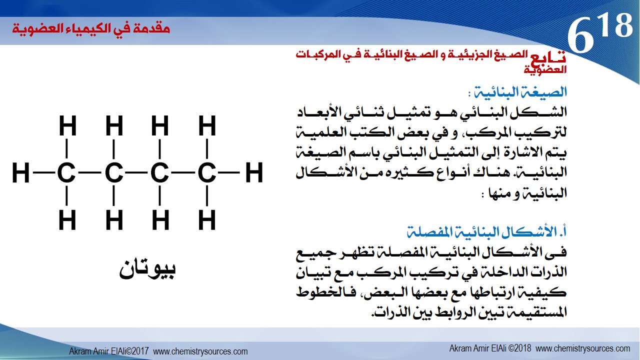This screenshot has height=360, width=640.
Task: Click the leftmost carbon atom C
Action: coord(66,172)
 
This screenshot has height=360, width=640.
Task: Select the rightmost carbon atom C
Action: coord(207,172)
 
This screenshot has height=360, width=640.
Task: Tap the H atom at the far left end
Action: coord(21,172)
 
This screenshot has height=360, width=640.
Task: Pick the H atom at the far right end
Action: coord(254,172)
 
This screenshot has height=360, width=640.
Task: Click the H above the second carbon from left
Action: coord(114,125)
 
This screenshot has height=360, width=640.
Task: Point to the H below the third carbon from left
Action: coord(160,219)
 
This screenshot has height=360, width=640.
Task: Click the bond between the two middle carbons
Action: coord(136,172)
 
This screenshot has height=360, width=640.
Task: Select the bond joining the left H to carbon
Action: coord(43,172)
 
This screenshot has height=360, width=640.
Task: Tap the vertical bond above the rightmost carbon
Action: coord(207,149)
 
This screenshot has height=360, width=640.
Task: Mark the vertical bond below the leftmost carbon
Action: coord(66,195)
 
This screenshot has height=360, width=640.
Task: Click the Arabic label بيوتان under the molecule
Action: coord(147,269)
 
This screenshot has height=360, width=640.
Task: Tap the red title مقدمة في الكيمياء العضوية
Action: coord(91,29)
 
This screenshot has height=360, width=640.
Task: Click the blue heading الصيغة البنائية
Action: coord(520,92)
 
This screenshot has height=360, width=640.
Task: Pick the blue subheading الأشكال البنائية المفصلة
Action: coord(487,231)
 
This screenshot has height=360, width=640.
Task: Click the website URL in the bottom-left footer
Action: coord(200,351)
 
